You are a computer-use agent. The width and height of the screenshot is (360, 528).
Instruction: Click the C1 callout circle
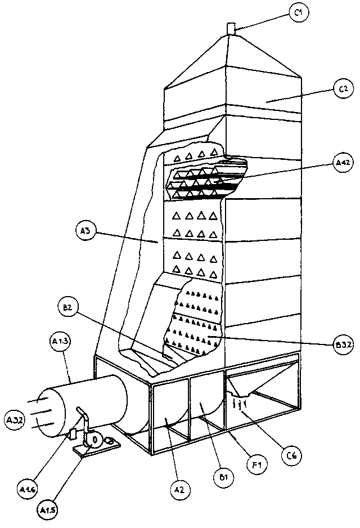(299, 12)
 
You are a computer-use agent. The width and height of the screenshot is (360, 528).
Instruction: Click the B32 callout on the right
(343, 345)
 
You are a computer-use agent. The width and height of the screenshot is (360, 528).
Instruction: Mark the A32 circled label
(15, 419)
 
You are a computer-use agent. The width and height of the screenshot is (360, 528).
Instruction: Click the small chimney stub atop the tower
(230, 29)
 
